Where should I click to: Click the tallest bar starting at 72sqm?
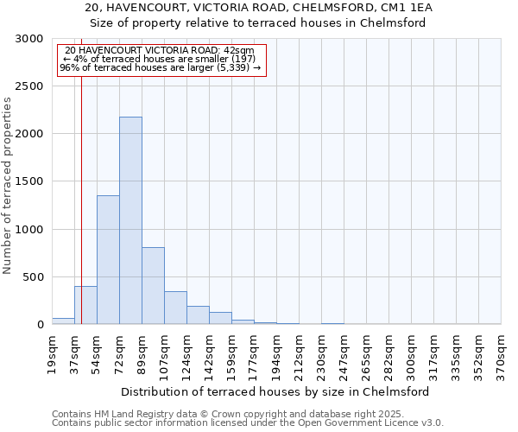pos(130,220)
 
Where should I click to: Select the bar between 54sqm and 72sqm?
pos(108,259)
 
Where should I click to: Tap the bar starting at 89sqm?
pos(153,285)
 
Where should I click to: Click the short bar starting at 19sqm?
pos(63,321)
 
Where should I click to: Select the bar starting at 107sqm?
pos(175,308)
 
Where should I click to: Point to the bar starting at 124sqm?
pos(198,315)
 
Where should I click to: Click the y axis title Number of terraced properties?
pos(8,186)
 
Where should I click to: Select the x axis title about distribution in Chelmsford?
pos(275,391)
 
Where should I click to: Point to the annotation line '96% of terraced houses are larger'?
pos(160,67)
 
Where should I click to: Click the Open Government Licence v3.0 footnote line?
pos(248,423)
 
